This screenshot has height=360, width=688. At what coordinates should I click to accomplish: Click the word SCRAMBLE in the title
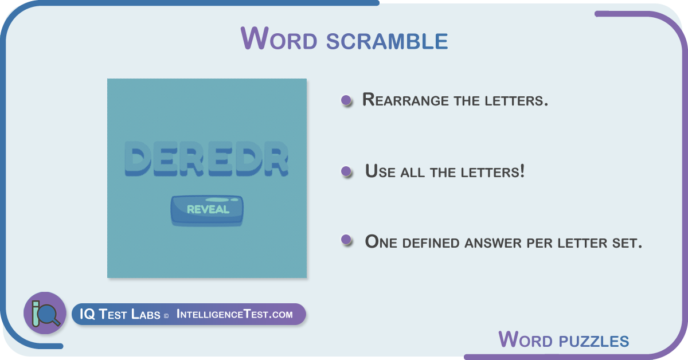(x=387, y=41)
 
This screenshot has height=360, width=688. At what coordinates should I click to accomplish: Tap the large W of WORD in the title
(x=255, y=38)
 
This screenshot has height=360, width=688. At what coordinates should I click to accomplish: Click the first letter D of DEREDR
(x=138, y=158)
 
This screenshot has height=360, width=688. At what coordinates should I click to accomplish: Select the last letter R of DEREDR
(x=276, y=158)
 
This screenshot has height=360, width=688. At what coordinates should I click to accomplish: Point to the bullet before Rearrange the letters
(x=346, y=100)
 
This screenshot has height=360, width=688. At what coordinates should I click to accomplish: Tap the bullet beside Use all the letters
(x=346, y=171)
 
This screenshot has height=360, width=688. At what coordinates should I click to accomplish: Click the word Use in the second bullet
(x=380, y=171)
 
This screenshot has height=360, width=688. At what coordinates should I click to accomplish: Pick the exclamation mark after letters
(x=522, y=171)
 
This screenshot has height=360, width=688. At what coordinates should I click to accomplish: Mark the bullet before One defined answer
(x=346, y=240)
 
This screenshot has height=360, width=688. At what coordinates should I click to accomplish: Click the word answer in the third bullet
(x=493, y=243)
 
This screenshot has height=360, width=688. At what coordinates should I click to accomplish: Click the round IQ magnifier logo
(x=45, y=312)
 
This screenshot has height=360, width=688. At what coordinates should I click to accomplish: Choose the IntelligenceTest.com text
(x=234, y=314)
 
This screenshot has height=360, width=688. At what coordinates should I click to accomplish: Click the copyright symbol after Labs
(x=166, y=316)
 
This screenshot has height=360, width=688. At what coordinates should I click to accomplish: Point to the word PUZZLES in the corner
(x=594, y=341)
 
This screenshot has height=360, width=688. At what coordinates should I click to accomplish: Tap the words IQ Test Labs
(x=120, y=314)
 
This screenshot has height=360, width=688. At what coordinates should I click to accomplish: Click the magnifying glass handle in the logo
(x=56, y=321)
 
